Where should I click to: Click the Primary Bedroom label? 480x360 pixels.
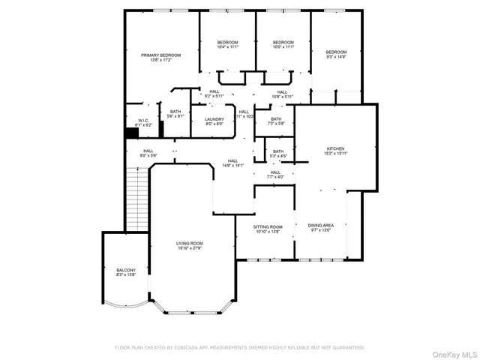pos(161,58)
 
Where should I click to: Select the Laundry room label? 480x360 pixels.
pos(204,121)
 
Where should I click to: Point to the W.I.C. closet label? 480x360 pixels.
pos(143,122)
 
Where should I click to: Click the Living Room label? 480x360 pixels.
pos(190,246)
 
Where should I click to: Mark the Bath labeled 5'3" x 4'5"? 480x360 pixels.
pos(278,154)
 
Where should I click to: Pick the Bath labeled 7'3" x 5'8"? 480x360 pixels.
pos(276,121)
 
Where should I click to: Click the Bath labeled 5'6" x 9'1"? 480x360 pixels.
pos(175,114)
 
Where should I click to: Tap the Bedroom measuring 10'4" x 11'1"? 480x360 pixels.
pos(227,44)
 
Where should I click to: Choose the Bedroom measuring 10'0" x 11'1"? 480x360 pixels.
pos(283,44)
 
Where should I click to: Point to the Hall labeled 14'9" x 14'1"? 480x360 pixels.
pos(232,163)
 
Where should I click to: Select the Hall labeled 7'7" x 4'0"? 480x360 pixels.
pos(275,175)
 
